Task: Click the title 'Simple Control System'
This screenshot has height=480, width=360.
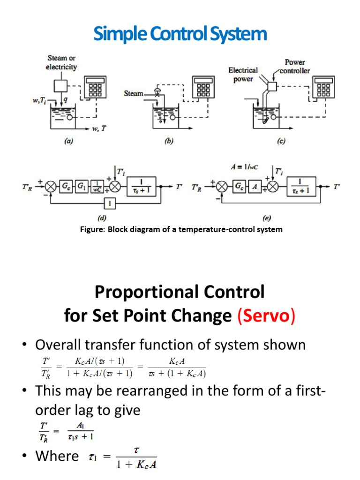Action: coord(180,34)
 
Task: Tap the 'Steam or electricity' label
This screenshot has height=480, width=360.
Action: coord(61,62)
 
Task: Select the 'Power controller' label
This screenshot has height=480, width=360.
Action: coord(295,66)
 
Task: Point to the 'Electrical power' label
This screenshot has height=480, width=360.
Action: coord(243,74)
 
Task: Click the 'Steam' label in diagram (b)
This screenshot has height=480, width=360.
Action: coord(134,94)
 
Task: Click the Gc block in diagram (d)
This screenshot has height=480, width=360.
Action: coord(65,186)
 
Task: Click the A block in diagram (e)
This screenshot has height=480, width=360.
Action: coord(255,186)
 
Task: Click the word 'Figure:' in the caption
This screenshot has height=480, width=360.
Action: coord(93,230)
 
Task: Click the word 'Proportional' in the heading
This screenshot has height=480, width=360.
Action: coord(136,293)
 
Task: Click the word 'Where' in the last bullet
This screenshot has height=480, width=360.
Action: coord(57,456)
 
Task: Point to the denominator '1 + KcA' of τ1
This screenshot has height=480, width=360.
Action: coord(136,465)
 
